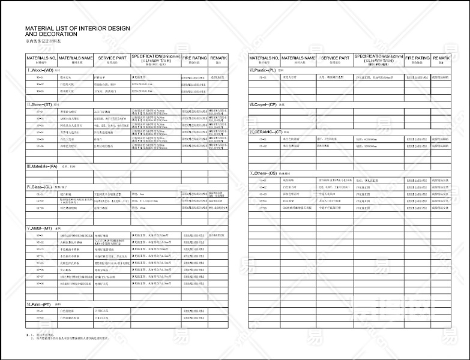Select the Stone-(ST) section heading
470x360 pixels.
pyautogui.click(x=40, y=104)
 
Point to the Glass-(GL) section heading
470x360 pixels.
pyautogui.click(x=41, y=187)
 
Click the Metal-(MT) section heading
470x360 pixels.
pyautogui.click(x=40, y=229)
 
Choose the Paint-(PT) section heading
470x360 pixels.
pyautogui.click(x=39, y=304)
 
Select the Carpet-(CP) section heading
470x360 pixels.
pyautogui.click(x=264, y=104)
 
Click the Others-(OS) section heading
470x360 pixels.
pyautogui.click(x=264, y=173)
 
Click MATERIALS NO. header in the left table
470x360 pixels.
pyautogui.click(x=41, y=58)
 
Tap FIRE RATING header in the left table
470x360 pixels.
pyautogui.click(x=194, y=58)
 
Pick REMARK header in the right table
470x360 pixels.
pyautogui.click(x=441, y=58)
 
